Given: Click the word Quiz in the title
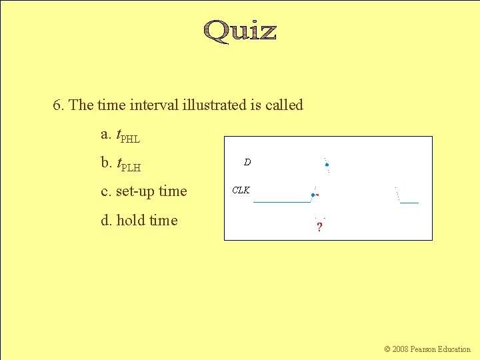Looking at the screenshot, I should coord(240,31).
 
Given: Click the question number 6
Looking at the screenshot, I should coord(59,105).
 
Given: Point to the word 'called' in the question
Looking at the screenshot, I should coord(284,105).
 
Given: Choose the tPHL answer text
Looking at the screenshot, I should coord(128,136).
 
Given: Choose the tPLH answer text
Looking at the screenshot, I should coord(129,164).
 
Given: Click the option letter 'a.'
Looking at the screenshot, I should coord(106,135).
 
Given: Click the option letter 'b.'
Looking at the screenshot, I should coord(106,163).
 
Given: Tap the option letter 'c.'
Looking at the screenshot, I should coord(105,192).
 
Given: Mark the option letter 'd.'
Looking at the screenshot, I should coord(106,221).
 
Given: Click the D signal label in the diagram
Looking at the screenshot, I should coord(247,162).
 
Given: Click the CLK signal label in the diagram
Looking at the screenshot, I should coord(241,190).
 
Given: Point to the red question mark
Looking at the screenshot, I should coord(319,227).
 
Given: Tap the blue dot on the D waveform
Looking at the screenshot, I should coord(327,165).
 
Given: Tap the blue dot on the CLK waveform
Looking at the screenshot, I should coord(313,195).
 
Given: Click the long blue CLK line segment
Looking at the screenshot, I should coord(282,201).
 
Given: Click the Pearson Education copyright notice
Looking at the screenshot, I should coord(427,349).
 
